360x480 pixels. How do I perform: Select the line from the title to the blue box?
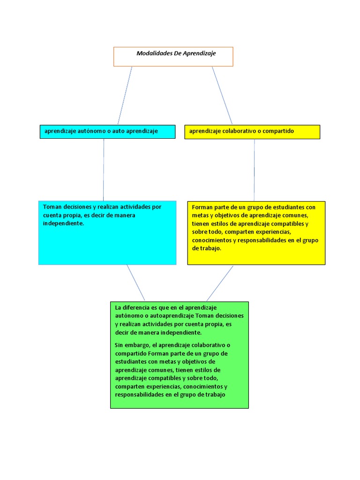click(x=125, y=95)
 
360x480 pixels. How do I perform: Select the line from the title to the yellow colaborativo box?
click(x=222, y=95)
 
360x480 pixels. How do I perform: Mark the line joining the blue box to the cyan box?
click(x=104, y=170)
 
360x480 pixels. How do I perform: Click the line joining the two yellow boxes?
click(x=254, y=170)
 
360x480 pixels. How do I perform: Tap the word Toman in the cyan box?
click(x=52, y=207)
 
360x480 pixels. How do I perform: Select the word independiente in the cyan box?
click(x=63, y=224)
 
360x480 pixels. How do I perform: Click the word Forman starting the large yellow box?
click(x=202, y=207)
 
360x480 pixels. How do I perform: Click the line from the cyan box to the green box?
click(x=135, y=283)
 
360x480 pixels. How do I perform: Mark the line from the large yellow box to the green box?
click(x=220, y=283)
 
